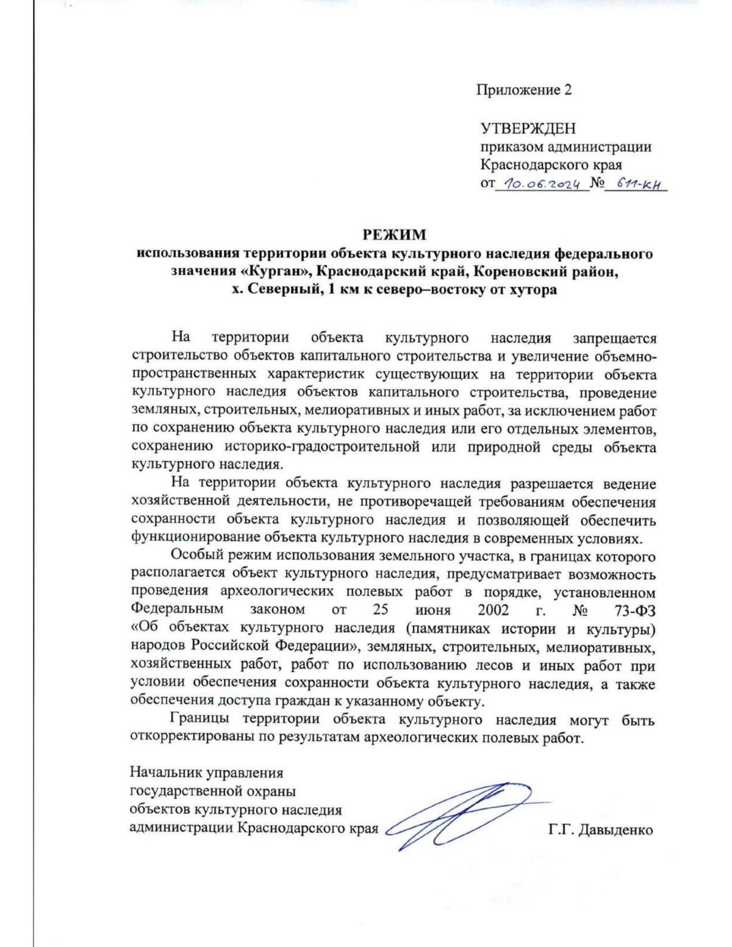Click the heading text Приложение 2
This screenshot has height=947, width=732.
524,90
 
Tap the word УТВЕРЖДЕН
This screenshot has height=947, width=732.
528,129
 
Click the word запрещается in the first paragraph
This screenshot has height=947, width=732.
614,338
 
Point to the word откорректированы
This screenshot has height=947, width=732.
192,737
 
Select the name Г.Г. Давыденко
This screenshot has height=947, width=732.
600,830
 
